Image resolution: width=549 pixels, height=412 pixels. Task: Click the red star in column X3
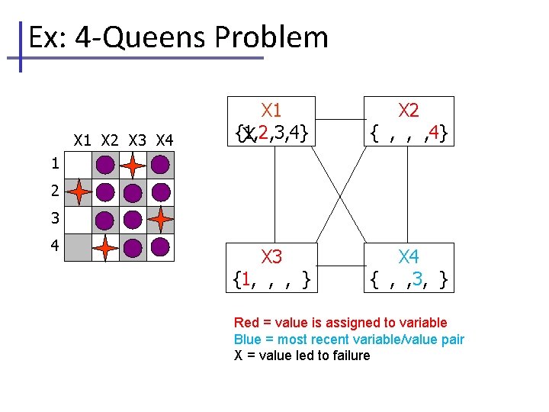[133, 165]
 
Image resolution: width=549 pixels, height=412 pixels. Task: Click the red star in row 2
[78, 192]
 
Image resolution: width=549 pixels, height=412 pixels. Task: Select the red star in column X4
[160, 220]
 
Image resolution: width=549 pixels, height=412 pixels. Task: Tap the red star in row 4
[105, 247]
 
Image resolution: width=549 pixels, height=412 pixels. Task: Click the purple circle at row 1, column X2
[105, 165]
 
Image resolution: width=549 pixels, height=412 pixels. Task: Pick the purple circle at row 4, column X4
[160, 247]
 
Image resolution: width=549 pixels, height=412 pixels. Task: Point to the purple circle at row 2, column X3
[133, 192]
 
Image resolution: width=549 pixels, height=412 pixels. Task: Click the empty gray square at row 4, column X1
[78, 247]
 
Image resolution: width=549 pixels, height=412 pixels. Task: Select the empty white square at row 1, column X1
[78, 165]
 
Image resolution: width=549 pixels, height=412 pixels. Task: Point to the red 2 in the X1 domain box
[263, 134]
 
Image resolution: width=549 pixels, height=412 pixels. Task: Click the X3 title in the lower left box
[271, 256]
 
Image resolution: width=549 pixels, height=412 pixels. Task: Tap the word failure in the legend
[347, 355]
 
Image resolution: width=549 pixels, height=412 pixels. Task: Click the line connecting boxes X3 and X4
[339, 268]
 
